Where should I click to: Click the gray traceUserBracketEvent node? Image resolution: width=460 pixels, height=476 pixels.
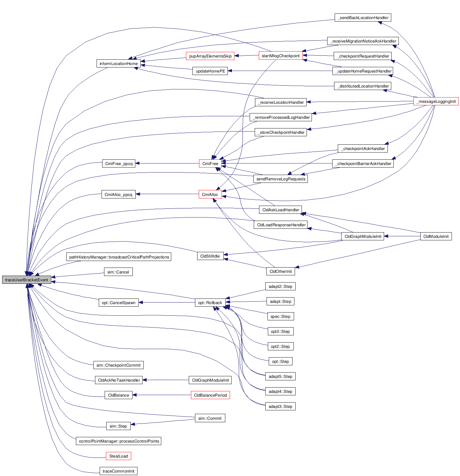[27, 280]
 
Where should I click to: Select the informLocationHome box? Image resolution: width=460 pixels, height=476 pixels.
[118, 63]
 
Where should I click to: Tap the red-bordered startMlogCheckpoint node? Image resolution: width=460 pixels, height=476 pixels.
[281, 56]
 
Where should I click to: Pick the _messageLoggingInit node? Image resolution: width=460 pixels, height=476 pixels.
[436, 101]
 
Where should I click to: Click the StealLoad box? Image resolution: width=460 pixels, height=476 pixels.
[118, 456]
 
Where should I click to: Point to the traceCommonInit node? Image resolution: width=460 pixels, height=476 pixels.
[118, 471]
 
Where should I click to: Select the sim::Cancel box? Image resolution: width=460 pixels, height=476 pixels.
[118, 272]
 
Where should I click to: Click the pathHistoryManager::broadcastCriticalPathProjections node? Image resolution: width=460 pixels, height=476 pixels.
[119, 257]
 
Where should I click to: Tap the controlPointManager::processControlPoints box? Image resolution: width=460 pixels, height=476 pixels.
[119, 441]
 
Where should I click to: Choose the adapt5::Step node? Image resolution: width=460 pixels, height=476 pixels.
[280, 376]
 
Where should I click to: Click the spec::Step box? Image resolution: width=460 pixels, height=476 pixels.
[280, 316]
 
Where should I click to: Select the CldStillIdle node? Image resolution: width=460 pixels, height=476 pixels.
[210, 256]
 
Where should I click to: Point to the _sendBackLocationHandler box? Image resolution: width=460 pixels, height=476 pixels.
[362, 18]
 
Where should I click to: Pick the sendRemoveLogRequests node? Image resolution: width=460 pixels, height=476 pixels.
[281, 179]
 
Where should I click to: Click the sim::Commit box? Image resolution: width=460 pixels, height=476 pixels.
[210, 418]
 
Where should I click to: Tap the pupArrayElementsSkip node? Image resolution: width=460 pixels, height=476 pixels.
[210, 56]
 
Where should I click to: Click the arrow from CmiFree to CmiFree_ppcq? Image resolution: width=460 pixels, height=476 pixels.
[167, 163]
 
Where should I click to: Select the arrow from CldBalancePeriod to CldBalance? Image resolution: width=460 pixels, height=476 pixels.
[162, 395]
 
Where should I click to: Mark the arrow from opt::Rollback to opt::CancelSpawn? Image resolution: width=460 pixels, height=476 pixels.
[167, 302]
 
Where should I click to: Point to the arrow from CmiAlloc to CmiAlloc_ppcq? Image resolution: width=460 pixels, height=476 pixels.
[167, 194]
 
